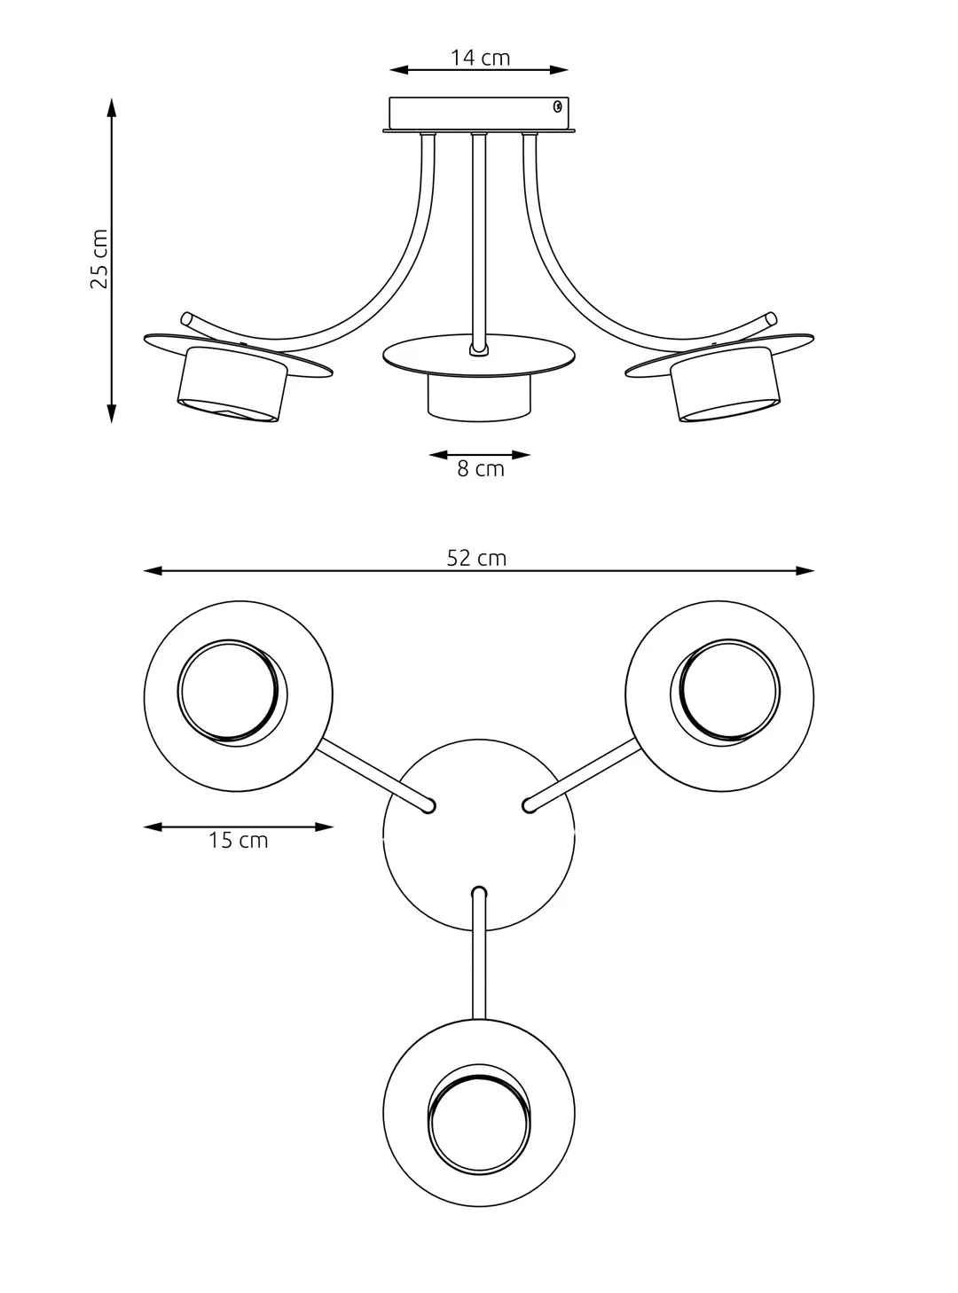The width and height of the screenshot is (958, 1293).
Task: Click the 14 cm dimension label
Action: click(480, 58)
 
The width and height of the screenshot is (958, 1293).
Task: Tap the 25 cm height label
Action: click(99, 259)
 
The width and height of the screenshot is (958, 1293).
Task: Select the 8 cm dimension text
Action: click(481, 469)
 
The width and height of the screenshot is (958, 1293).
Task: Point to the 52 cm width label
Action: click(476, 558)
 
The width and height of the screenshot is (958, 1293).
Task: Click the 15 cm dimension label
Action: click(238, 840)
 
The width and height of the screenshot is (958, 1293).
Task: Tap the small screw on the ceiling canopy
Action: click(557, 106)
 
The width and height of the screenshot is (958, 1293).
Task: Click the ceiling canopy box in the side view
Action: click(479, 114)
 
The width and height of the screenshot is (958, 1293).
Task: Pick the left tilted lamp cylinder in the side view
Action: click(232, 384)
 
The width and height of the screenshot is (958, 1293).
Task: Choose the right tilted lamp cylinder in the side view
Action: click(726, 384)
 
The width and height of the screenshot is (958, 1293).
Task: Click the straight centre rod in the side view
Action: click(479, 242)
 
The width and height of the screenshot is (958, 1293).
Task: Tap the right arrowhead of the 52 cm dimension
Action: click(805, 571)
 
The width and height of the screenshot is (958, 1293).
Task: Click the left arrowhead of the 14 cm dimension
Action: click(399, 70)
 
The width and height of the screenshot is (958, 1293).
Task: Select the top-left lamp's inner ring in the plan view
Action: click(232, 692)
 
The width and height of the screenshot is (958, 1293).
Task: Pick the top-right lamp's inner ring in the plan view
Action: click(726, 692)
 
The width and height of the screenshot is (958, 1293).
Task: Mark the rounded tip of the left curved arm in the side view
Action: click(186, 318)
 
